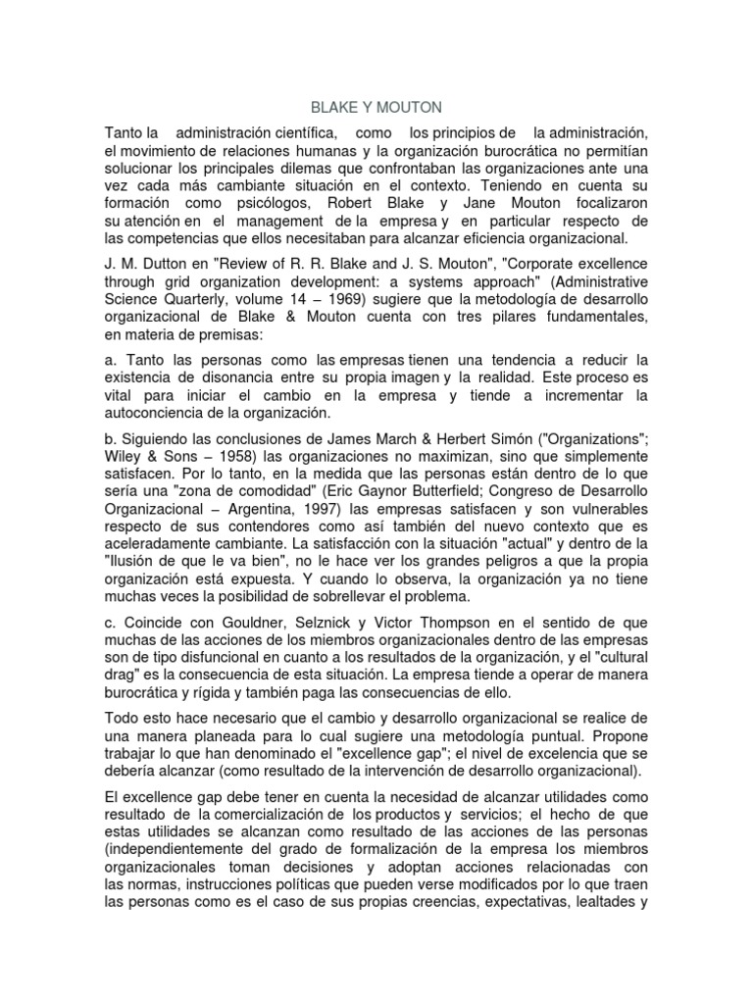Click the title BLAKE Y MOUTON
376,106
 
